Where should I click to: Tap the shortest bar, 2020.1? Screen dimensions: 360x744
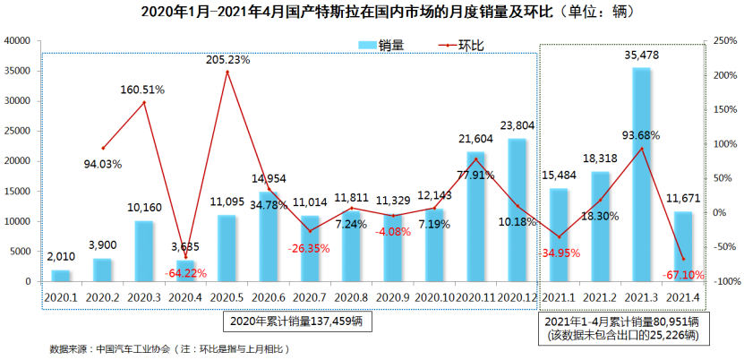[x=60, y=275]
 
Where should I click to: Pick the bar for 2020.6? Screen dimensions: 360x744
[x=269, y=236]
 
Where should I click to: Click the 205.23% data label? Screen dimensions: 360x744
[x=227, y=60]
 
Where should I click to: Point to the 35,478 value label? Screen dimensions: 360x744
[x=641, y=56]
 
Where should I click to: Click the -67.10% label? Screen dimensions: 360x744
[x=681, y=275]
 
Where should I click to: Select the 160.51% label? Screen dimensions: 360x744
[x=145, y=90]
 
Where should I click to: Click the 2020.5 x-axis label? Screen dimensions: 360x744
[x=227, y=296]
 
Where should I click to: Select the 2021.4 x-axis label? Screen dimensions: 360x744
[x=683, y=296]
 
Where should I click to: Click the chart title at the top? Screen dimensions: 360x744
[x=372, y=13]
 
